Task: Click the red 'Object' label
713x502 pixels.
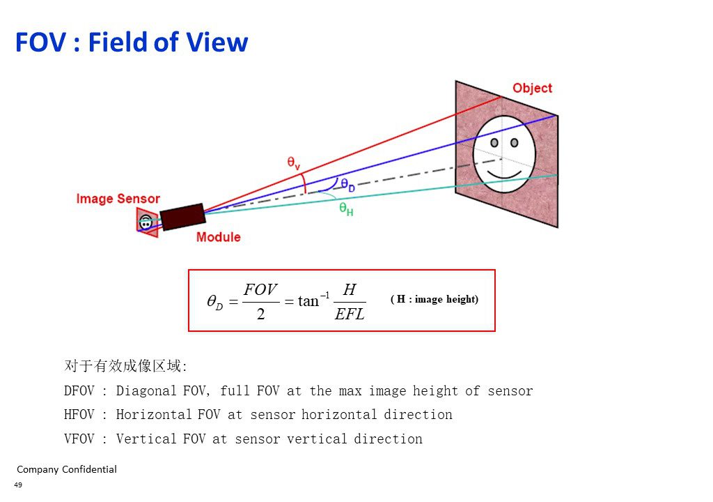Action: pyautogui.click(x=532, y=88)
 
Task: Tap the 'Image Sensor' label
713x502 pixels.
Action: pyautogui.click(x=118, y=199)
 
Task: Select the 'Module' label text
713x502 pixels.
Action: pyautogui.click(x=218, y=237)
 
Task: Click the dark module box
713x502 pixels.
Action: pyautogui.click(x=183, y=217)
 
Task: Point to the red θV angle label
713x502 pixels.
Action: pyautogui.click(x=294, y=162)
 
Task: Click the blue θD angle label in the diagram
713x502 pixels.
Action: pyautogui.click(x=348, y=185)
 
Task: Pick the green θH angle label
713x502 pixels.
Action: pyautogui.click(x=346, y=209)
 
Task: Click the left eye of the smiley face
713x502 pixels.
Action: pyautogui.click(x=494, y=143)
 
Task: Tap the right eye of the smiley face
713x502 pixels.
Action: pyautogui.click(x=515, y=143)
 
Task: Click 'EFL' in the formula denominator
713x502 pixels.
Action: pyautogui.click(x=350, y=314)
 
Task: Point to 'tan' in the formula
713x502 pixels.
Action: pyautogui.click(x=308, y=301)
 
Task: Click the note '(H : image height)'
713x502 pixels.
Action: pyautogui.click(x=434, y=299)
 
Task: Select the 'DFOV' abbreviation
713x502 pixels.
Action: pyautogui.click(x=79, y=391)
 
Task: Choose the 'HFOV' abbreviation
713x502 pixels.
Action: pyautogui.click(x=79, y=415)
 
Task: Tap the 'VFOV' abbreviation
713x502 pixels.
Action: pyautogui.click(x=79, y=439)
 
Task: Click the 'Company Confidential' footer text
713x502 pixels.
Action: pyautogui.click(x=67, y=469)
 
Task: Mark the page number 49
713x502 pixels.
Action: pyautogui.click(x=18, y=485)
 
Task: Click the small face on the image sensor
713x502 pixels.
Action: pyautogui.click(x=146, y=222)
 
